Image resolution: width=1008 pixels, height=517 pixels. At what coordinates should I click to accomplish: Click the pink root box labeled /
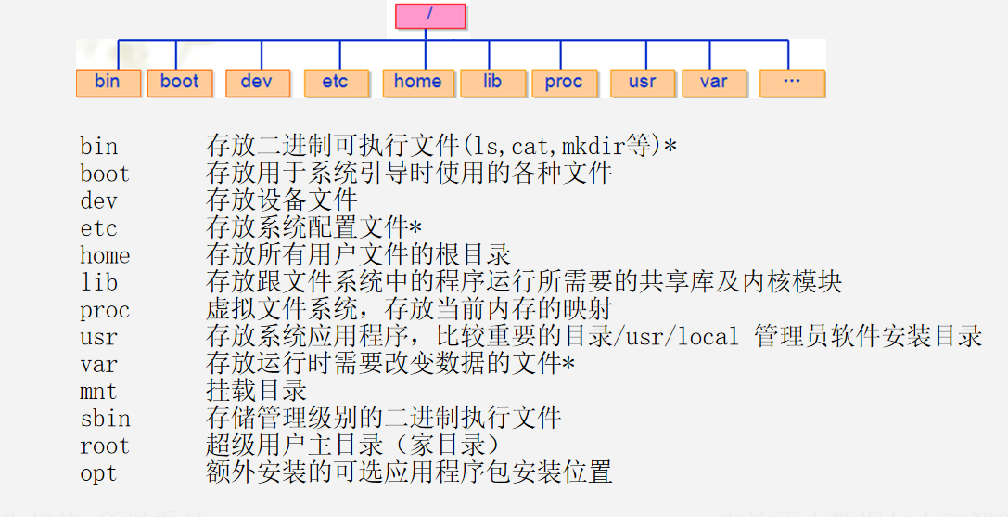point(429,16)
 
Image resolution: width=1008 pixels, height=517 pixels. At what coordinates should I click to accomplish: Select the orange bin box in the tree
point(108,83)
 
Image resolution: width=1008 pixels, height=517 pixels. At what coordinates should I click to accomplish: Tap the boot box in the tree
point(179,83)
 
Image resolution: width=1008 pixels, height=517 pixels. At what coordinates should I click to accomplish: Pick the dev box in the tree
point(257,83)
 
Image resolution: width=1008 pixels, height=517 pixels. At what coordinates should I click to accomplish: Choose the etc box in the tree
point(335,83)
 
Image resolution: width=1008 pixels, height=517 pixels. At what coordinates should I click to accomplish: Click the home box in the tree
point(417,83)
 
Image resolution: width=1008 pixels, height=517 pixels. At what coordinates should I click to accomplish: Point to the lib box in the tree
point(492,83)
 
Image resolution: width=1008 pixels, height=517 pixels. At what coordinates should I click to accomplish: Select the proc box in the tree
point(564,83)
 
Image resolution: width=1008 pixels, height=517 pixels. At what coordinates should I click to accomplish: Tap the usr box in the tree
point(642,83)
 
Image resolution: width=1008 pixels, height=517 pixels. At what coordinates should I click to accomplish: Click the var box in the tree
point(713,83)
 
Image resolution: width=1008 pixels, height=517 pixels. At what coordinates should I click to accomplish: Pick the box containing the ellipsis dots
point(791,83)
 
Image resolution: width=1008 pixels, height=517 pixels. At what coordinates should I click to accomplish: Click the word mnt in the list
point(98,391)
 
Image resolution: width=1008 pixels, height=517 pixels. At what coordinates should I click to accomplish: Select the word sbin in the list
point(105,419)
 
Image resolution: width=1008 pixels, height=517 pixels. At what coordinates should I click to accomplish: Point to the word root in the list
point(105,446)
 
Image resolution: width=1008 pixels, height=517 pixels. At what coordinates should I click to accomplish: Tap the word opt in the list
point(98,473)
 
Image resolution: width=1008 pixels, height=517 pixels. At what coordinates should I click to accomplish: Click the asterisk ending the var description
point(568,365)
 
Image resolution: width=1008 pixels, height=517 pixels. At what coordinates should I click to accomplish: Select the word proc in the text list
point(105,310)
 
